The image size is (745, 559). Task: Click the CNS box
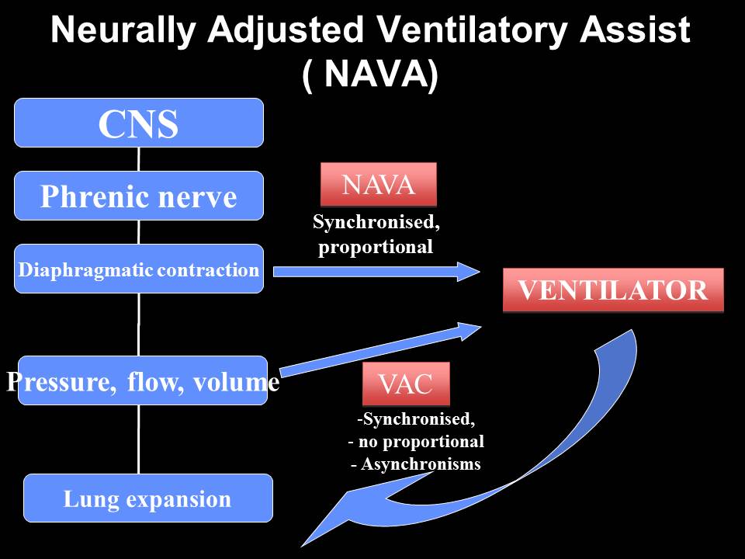pyautogui.click(x=139, y=123)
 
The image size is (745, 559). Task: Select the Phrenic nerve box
pyautogui.click(x=139, y=196)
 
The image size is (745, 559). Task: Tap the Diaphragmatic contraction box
pyautogui.click(x=139, y=269)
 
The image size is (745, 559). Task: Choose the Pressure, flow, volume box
pyautogui.click(x=143, y=380)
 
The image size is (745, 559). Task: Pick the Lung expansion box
pyautogui.click(x=147, y=498)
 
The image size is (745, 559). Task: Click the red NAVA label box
pyautogui.click(x=379, y=184)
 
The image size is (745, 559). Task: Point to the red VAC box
pyautogui.click(x=406, y=384)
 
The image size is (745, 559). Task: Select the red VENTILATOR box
pyautogui.click(x=613, y=290)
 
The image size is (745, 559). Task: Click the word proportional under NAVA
pyautogui.click(x=376, y=248)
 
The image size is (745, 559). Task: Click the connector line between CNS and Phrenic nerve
pyautogui.click(x=139, y=159)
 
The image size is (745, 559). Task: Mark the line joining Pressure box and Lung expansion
pyautogui.click(x=139, y=439)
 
